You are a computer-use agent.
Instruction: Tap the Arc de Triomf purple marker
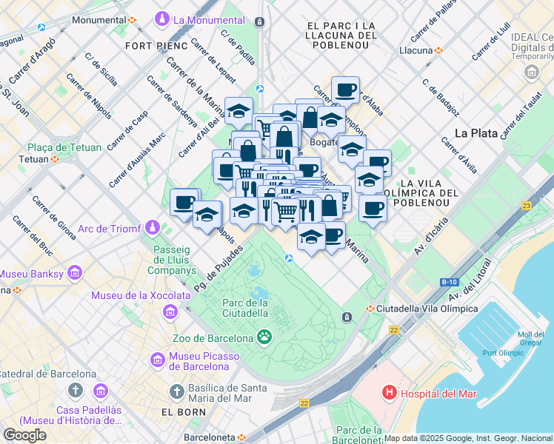coord(153,226)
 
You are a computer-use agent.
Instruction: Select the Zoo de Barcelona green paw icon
coord(264,336)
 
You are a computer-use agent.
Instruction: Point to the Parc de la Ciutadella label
coord(245,307)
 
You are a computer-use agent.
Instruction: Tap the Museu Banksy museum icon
coord(73,275)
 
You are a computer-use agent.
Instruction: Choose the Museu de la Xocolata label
coord(138,295)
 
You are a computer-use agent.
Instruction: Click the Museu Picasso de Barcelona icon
coord(158,360)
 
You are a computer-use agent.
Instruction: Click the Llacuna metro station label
coord(415,50)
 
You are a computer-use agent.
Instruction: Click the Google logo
coord(24,434)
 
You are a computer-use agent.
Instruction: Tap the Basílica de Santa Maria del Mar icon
coord(176,391)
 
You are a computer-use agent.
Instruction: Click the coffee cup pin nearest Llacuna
coord(345,90)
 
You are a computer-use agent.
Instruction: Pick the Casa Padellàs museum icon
coord(101,391)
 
